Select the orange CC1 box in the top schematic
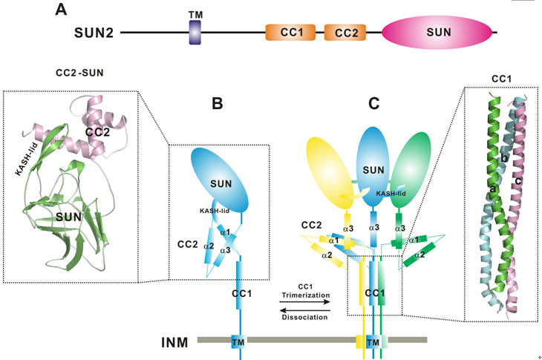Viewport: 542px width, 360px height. (290, 33)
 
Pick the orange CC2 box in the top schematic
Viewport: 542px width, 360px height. (347, 33)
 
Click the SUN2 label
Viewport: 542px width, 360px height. (94, 33)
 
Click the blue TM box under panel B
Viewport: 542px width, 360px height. (238, 341)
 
